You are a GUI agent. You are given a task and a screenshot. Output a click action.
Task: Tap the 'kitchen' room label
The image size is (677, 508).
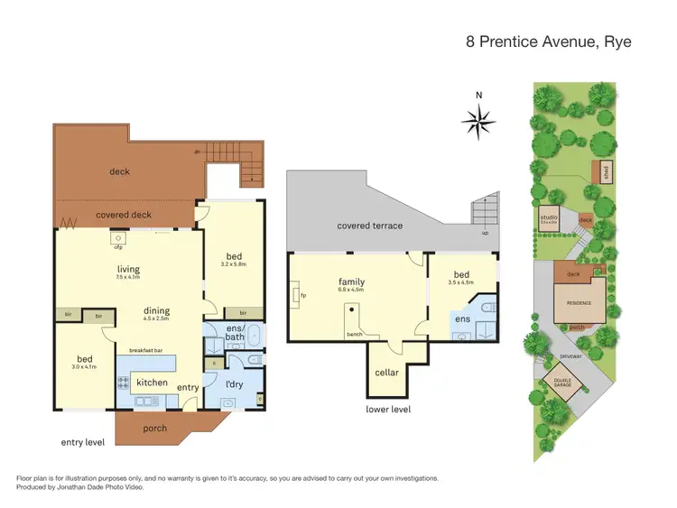pyautogui.click(x=152, y=383)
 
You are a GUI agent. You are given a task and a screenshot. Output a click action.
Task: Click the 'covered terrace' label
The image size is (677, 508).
pyautogui.click(x=369, y=226)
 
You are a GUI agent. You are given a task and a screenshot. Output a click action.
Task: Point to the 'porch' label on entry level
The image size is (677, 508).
pyautogui.click(x=154, y=428)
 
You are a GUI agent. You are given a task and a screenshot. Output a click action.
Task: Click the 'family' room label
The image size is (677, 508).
pyautogui.click(x=351, y=282)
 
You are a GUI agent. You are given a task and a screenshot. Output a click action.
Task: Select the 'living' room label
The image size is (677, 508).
pyautogui.click(x=127, y=268)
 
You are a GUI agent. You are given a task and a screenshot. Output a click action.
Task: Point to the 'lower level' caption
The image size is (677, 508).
pyautogui.click(x=388, y=409)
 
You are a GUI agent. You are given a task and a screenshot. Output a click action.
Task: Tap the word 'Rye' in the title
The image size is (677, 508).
pyautogui.click(x=621, y=41)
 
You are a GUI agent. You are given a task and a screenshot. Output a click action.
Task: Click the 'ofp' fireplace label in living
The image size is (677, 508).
pyautogui.click(x=118, y=247)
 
